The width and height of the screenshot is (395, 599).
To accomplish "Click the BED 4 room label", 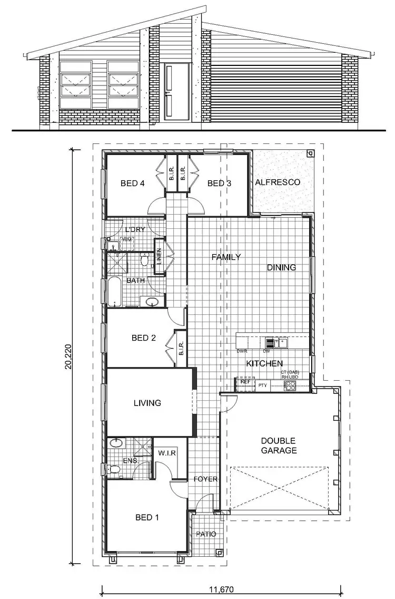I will point(132,183).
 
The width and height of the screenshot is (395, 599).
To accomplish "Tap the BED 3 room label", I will point(219,183).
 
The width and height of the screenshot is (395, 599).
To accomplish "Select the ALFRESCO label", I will point(278,182).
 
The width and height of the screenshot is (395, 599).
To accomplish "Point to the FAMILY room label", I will point(226,257).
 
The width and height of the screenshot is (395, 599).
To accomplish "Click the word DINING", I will point(281,267).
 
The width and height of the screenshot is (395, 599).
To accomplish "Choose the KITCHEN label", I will point(265,363).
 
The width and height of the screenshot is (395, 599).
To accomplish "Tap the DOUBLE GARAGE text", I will point(279,446).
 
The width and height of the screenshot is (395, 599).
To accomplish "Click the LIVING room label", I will point(147,403).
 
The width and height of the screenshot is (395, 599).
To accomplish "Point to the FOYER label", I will point(205,479).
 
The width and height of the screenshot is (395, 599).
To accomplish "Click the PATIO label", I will point(206,534).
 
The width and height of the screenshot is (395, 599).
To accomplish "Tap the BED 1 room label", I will point(147,517).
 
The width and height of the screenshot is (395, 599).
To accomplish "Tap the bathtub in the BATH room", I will point(115,293).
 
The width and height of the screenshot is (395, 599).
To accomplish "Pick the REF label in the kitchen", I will point(244,382).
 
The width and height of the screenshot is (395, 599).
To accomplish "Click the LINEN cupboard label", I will point(158,257).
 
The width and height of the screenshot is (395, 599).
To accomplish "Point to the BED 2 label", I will point(143,338).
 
